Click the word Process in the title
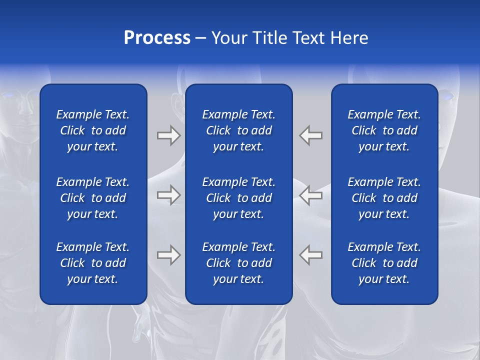tap(157, 38)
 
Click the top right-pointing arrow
tap(168, 135)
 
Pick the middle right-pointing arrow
tap(168, 195)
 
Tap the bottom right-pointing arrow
tap(168, 255)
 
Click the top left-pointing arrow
tap(310, 135)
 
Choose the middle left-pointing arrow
tap(310, 195)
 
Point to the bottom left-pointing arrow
tap(310, 255)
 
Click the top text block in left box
tap(93, 130)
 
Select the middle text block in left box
tap(93, 198)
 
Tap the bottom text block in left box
tap(93, 263)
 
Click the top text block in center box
tap(238, 130)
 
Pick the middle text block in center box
tap(238, 198)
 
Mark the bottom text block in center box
tap(238, 263)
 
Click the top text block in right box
tap(384, 130)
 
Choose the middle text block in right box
tap(384, 198)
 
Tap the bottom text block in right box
tap(384, 263)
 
